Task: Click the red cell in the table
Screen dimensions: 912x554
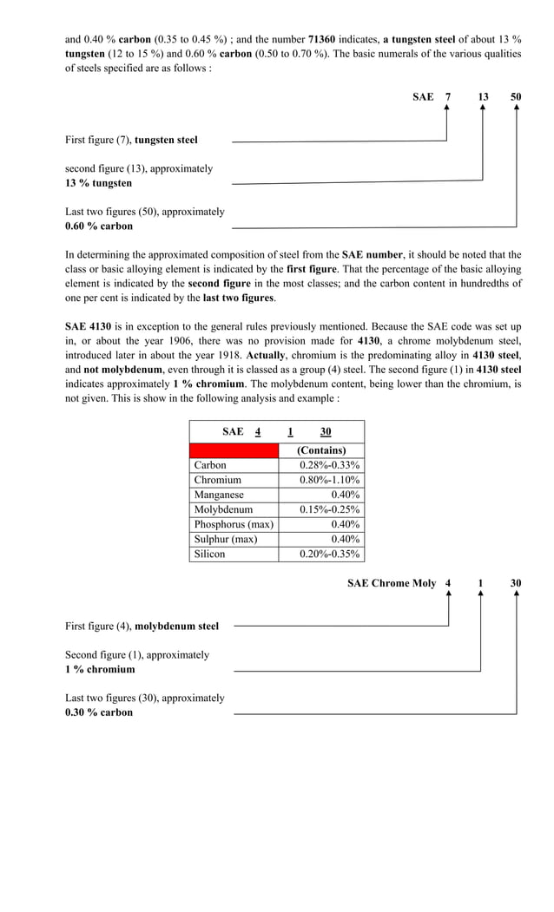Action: click(234, 450)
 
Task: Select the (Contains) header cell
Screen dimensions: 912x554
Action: click(321, 450)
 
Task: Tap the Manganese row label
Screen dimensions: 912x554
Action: click(219, 495)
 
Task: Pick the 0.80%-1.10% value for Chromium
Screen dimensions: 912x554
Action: click(329, 480)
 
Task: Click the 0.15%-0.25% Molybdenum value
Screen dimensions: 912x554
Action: click(329, 509)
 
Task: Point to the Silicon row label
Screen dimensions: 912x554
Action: click(209, 554)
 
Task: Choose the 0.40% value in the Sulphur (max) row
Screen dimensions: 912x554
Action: click(346, 539)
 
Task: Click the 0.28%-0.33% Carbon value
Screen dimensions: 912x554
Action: click(329, 465)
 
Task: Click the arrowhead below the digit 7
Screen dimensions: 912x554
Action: click(446, 109)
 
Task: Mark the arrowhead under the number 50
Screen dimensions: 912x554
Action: click(517, 109)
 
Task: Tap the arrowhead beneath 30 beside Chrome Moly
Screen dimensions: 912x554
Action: click(517, 595)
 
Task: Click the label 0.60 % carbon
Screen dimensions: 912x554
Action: click(99, 226)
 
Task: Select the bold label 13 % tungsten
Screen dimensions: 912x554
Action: click(99, 183)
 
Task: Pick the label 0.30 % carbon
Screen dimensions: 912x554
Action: click(99, 712)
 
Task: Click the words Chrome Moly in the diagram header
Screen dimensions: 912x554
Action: click(405, 583)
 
